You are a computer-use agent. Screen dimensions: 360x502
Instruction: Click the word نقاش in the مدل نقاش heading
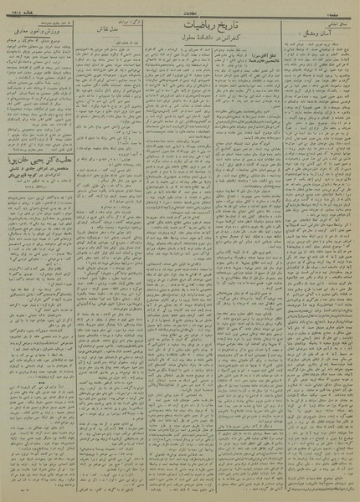[x=104, y=51]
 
